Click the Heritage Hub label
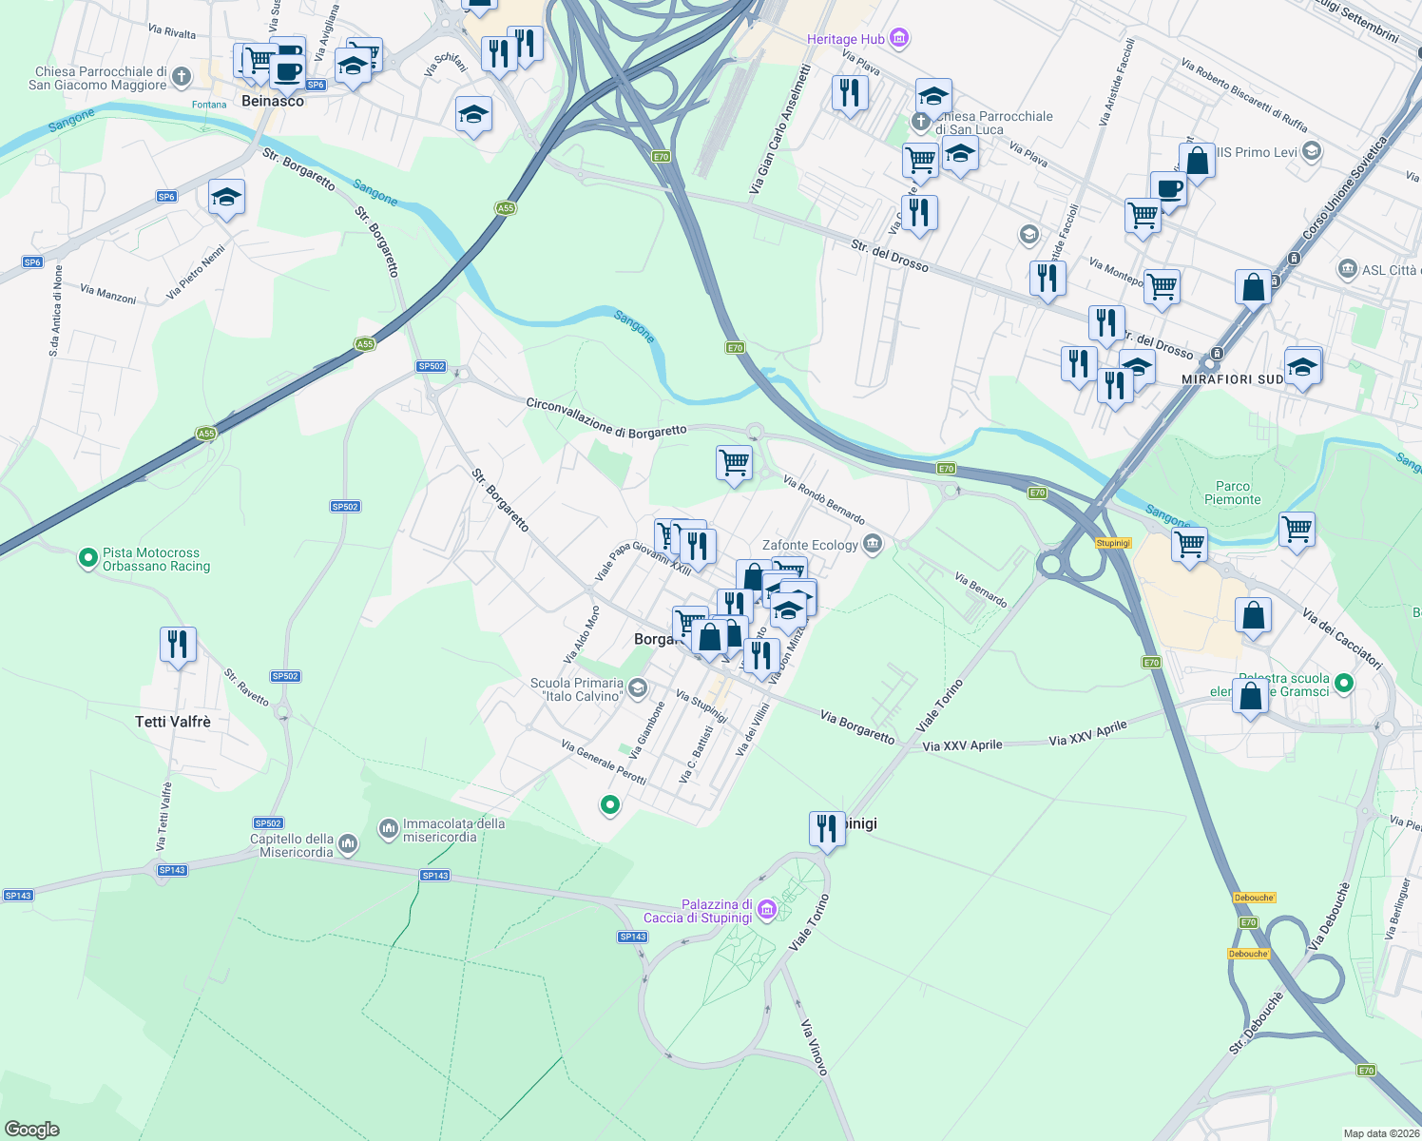pyautogui.click(x=846, y=39)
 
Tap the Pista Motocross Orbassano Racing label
pyautogui.click(x=156, y=559)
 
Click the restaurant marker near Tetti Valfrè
pyautogui.click(x=178, y=646)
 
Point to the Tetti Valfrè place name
pyautogui.click(x=173, y=722)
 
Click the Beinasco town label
pyautogui.click(x=273, y=101)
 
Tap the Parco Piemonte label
pyautogui.click(x=1233, y=493)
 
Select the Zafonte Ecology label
pyautogui.click(x=810, y=545)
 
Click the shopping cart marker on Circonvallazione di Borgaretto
pyautogui.click(x=734, y=464)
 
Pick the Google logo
pyautogui.click(x=31, y=1129)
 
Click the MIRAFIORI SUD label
pyautogui.click(x=1232, y=379)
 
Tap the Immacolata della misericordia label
pyautogui.click(x=453, y=830)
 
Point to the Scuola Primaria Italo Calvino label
pyautogui.click(x=577, y=689)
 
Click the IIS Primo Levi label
pyautogui.click(x=1257, y=152)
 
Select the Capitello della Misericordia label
pyautogui.click(x=292, y=845)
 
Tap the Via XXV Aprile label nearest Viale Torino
pyautogui.click(x=962, y=745)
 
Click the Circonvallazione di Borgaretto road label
pyautogui.click(x=606, y=418)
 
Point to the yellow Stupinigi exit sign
pyautogui.click(x=1113, y=543)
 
